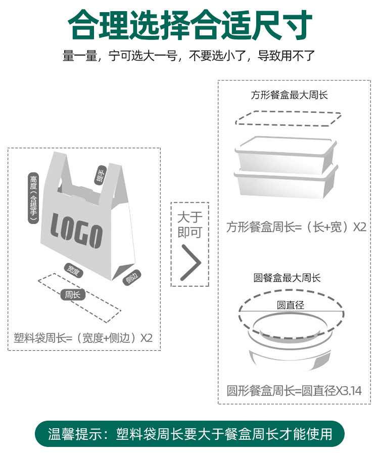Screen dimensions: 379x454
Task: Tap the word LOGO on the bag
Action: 77,232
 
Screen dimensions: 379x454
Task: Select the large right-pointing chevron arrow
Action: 191,263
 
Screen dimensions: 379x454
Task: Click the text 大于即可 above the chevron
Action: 189,225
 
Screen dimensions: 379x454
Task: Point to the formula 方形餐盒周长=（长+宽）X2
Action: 296,227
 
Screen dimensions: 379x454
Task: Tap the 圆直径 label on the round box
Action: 290,305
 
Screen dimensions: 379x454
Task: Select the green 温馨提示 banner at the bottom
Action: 189,434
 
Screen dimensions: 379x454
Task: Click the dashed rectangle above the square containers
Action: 287,118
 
